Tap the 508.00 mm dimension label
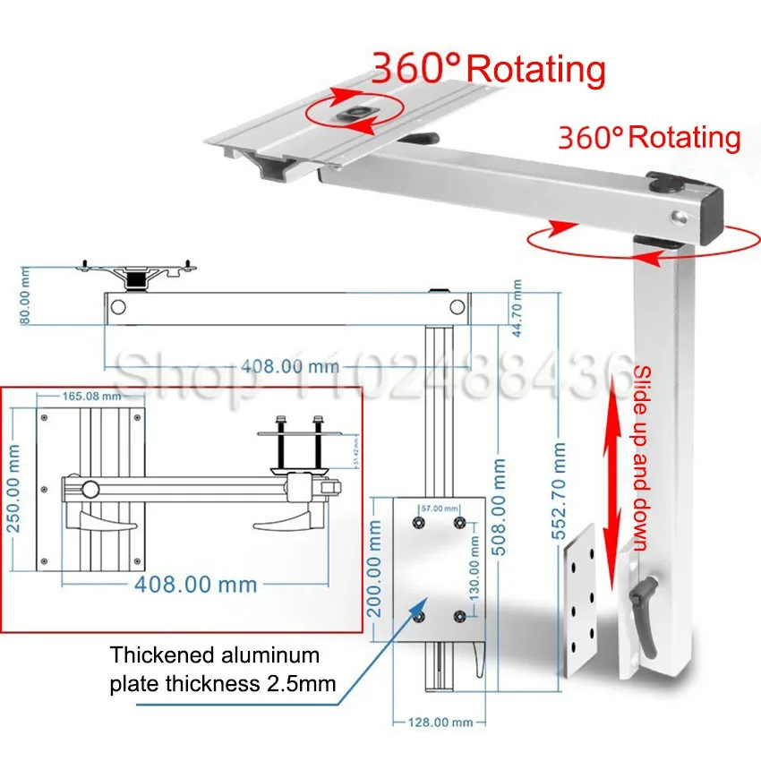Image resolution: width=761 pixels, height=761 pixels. pyautogui.click(x=499, y=506)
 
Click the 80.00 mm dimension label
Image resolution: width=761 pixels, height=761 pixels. pyautogui.click(x=25, y=298)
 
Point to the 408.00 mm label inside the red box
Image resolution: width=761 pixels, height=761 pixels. pyautogui.click(x=196, y=585)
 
